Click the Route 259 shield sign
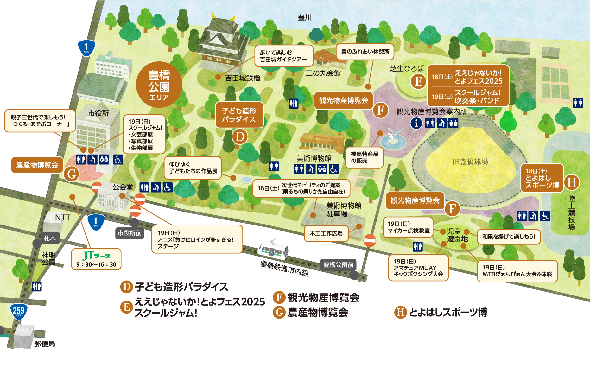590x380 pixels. coord(18,311)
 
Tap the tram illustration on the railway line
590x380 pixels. coord(273,250)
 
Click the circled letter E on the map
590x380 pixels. coord(418,81)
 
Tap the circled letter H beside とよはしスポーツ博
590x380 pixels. coord(572,182)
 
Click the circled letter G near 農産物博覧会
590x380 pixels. coord(72,174)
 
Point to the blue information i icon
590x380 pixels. coord(416,123)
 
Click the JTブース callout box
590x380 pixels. coord(96,259)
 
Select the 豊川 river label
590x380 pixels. coord(305,18)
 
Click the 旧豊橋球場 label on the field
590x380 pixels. coord(470,162)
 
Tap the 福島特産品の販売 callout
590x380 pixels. coord(364,157)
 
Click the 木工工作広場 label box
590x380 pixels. coord(326,233)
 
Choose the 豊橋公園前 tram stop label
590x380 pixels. coord(338,265)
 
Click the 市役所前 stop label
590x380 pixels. coord(130,233)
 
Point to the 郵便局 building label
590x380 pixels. coord(45,344)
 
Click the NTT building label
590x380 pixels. coord(62,218)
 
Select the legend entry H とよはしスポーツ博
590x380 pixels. coord(441,312)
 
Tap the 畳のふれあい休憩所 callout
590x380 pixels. coord(365,52)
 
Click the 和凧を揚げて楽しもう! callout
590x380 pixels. coord(509,237)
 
